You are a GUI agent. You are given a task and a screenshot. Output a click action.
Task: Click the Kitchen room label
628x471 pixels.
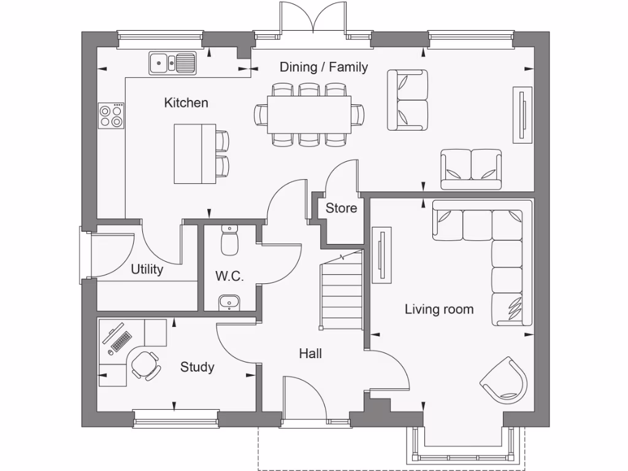[186, 103]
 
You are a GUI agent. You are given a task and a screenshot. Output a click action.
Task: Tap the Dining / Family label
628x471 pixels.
[324, 67]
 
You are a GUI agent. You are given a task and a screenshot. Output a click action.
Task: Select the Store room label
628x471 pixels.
[341, 209]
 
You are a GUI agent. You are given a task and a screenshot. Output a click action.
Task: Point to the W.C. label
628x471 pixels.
[229, 276]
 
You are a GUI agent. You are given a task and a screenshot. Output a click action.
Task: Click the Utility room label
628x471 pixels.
[147, 269]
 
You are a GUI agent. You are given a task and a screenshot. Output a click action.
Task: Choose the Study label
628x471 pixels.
[197, 367]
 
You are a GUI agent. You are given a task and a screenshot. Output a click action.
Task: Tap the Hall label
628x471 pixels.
[310, 353]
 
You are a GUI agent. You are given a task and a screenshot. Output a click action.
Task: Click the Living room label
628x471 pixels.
[439, 309]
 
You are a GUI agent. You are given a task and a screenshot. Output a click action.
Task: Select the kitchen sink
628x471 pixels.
[172, 63]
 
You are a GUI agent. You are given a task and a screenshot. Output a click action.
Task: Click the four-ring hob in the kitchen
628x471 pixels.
[111, 115]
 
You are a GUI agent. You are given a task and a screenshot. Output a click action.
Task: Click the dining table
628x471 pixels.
[308, 114]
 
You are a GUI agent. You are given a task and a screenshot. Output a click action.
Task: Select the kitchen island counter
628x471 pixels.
[194, 153]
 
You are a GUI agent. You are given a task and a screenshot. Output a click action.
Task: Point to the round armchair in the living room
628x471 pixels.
[505, 379]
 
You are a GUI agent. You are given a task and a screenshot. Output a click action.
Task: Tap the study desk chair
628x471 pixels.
[146, 366]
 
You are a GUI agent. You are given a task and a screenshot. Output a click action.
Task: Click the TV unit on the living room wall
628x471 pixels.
[381, 255]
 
